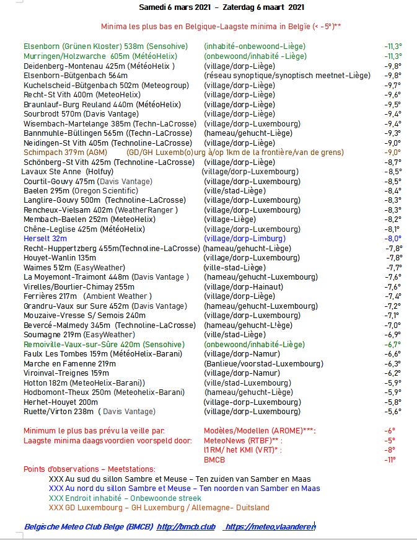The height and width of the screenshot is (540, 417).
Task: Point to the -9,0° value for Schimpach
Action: coord(392,153)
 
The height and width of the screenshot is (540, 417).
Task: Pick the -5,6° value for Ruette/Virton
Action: coord(393,412)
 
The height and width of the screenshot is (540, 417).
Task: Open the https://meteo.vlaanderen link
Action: coord(270,526)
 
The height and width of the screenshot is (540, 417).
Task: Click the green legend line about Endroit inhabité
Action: coord(125,498)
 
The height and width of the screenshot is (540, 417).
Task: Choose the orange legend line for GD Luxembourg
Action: coord(159,507)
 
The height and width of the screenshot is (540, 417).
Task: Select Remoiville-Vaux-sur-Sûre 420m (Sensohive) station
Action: coord(104,344)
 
